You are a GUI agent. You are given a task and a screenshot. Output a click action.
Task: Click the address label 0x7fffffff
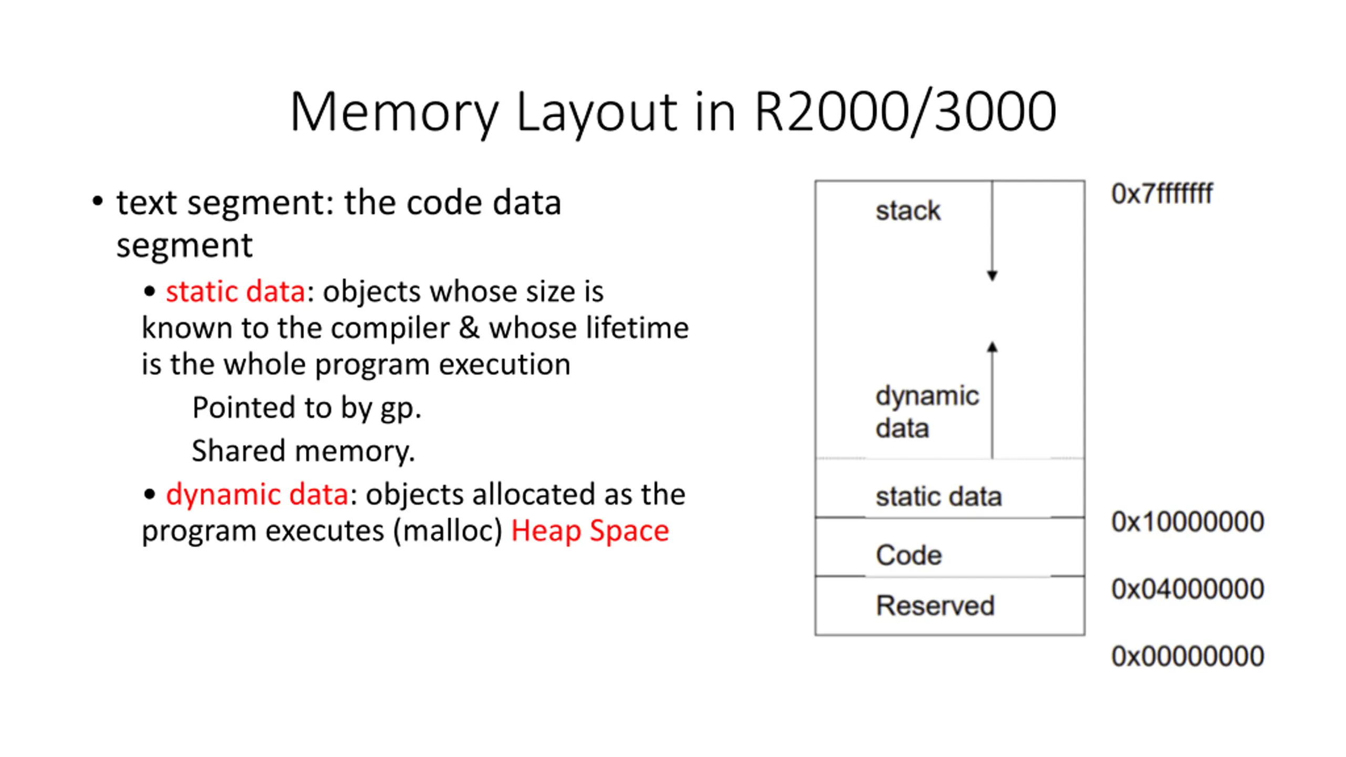pos(1162,193)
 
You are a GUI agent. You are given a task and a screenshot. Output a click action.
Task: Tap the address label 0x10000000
pos(1188,521)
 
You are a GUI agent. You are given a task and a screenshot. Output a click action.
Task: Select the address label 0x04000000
pos(1188,589)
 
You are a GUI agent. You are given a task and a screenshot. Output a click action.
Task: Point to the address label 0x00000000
pos(1188,656)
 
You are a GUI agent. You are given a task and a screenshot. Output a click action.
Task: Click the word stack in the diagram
pos(908,211)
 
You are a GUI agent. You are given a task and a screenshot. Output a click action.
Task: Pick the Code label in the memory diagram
pos(909,555)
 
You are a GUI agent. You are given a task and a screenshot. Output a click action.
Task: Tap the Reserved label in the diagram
pos(935,606)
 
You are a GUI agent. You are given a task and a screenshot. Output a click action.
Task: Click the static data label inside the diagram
pos(939,496)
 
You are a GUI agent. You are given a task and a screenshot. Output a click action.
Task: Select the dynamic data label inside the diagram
pos(927,412)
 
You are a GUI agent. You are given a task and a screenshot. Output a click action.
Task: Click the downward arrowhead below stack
pos(992,275)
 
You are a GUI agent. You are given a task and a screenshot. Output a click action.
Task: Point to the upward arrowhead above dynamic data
pos(992,347)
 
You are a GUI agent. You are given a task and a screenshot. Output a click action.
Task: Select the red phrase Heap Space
pos(590,530)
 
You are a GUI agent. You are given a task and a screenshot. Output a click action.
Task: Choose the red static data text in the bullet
pos(236,291)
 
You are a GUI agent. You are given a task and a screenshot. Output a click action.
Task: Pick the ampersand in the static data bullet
pos(469,328)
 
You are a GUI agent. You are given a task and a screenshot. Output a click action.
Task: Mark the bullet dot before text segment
pos(97,201)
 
